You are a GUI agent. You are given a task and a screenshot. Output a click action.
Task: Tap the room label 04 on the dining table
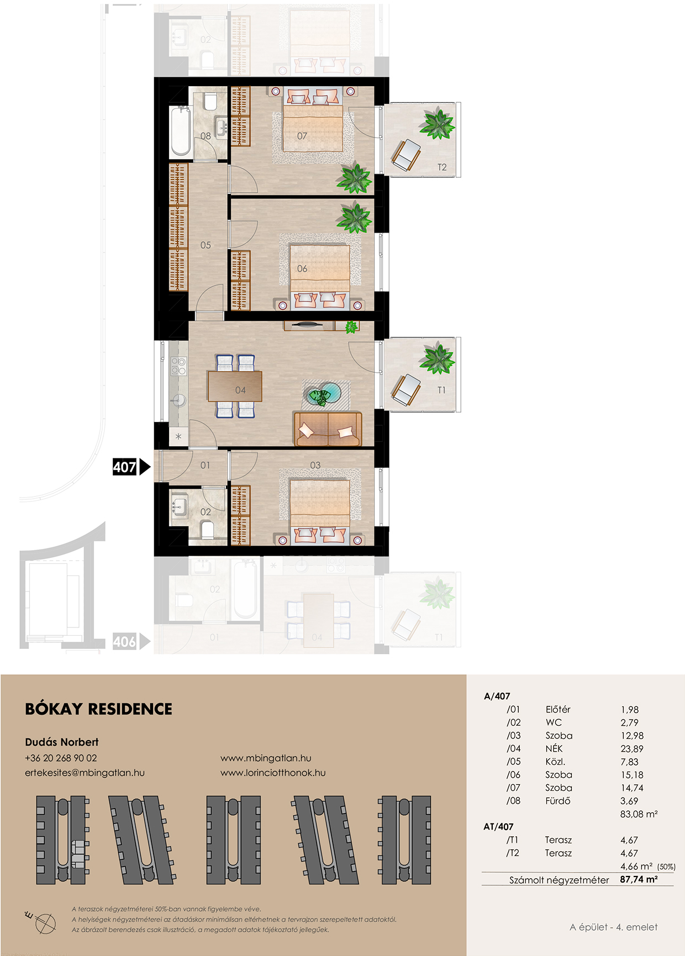(240, 390)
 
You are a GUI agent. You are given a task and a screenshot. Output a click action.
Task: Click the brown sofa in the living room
(328, 429)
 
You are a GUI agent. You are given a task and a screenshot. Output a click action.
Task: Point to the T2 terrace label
(442, 167)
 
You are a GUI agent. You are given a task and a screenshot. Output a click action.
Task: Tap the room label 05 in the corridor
(205, 245)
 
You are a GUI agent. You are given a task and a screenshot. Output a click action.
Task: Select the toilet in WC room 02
(207, 530)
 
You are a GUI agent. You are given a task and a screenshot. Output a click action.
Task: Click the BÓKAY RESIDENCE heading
(99, 709)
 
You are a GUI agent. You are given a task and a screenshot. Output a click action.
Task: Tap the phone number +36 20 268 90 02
(61, 758)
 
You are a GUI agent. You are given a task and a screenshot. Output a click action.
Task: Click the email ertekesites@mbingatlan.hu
(85, 773)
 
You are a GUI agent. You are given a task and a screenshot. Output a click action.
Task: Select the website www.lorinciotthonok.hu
(273, 773)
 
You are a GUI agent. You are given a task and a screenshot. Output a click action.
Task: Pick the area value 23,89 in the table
(632, 749)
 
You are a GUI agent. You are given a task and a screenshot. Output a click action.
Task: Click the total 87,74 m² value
(639, 879)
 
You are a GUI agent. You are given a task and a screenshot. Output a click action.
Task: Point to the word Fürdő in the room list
(558, 801)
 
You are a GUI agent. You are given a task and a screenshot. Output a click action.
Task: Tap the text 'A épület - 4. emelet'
(614, 927)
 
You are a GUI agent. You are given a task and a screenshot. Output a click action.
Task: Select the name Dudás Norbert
(62, 742)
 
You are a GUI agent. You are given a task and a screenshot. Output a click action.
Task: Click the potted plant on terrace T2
(438, 124)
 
